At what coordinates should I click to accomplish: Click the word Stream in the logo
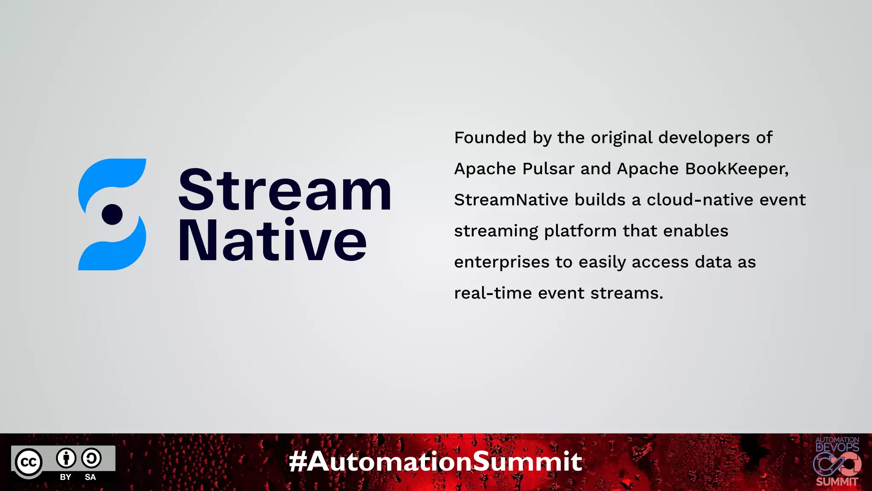(284, 190)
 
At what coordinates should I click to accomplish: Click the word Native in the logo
(272, 241)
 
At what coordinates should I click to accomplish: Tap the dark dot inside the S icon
(112, 214)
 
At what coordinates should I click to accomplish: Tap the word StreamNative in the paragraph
(511, 200)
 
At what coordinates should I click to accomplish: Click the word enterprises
(502, 263)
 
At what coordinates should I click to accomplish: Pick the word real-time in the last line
(493, 294)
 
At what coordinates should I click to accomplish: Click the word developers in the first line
(704, 138)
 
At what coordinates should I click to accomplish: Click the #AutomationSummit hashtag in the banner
(436, 462)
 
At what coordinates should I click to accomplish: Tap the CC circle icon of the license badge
(29, 462)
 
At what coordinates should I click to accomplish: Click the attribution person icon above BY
(66, 458)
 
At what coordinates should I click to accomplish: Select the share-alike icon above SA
(91, 458)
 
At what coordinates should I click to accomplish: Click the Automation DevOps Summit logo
(837, 462)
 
